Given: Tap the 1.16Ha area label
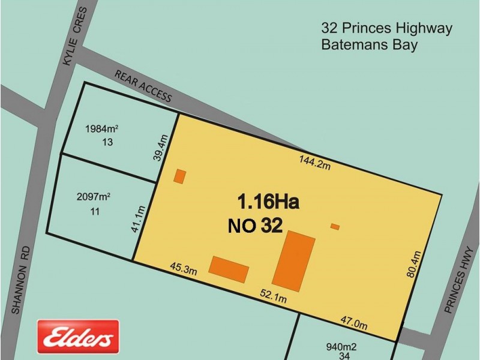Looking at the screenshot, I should [268, 200].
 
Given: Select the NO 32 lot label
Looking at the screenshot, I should [255, 226].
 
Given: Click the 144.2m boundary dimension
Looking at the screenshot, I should [315, 161].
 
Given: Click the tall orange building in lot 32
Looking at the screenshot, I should [293, 259].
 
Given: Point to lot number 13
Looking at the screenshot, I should [107, 142].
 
